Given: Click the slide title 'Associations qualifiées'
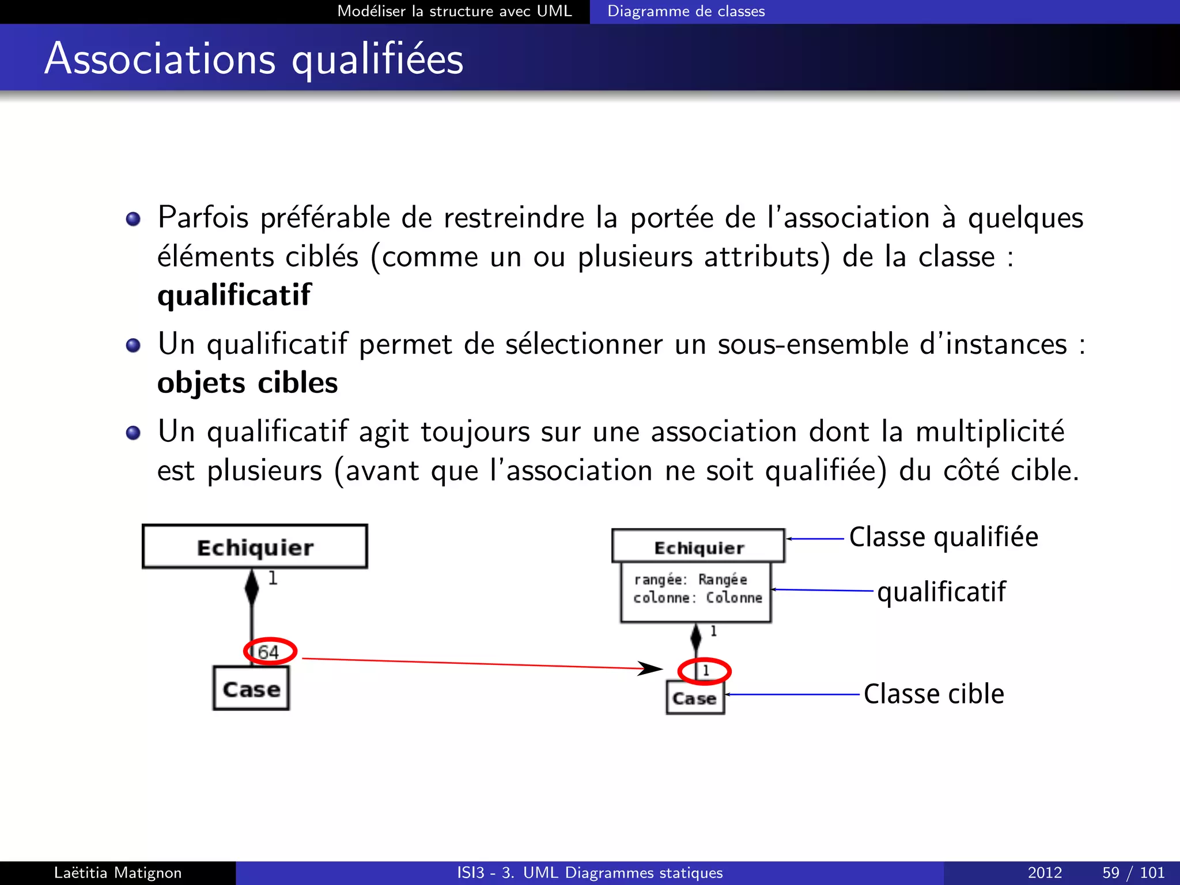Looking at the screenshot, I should click(x=254, y=59).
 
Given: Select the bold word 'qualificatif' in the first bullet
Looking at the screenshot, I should click(x=234, y=295).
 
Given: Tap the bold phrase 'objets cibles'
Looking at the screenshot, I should click(x=247, y=383).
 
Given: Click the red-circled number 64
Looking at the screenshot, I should click(x=269, y=652).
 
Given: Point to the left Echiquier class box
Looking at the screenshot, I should click(x=255, y=547).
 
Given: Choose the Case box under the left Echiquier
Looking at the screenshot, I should click(x=251, y=689).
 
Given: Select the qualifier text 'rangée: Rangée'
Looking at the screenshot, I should click(x=690, y=579).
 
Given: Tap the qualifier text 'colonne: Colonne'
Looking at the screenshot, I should click(x=697, y=598).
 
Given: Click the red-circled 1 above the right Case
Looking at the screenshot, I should click(x=705, y=671).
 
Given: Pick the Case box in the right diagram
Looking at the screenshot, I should click(x=695, y=698).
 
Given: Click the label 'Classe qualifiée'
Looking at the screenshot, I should click(x=943, y=537).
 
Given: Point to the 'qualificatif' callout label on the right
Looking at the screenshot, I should click(x=941, y=592).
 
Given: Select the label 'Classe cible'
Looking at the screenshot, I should click(x=933, y=694).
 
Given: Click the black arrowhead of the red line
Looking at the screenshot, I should click(x=651, y=668).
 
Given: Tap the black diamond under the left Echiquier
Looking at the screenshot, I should click(x=252, y=587).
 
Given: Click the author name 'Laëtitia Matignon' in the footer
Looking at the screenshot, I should click(x=118, y=873).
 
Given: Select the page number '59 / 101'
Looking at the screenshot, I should click(x=1133, y=873).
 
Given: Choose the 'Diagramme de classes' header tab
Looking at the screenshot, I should click(x=686, y=12).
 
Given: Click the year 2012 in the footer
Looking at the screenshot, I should click(x=1045, y=873).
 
